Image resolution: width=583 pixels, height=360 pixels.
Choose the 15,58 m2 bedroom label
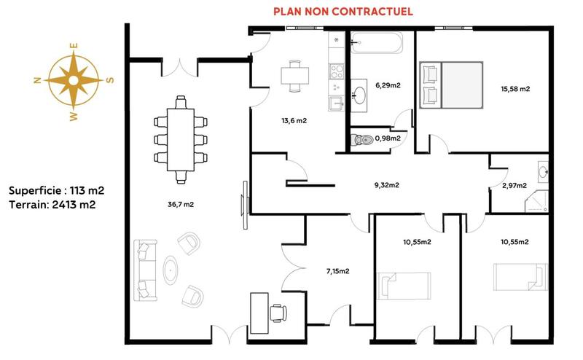coord(514,89)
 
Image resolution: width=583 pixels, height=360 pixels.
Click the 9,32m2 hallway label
coord(386,185)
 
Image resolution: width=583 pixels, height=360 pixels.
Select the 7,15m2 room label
coord(337,271)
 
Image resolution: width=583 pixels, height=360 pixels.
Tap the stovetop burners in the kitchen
coord(337,71)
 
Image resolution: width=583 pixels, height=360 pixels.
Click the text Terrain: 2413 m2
coord(52,205)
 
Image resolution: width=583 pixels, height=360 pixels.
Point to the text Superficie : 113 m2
coord(57,190)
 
